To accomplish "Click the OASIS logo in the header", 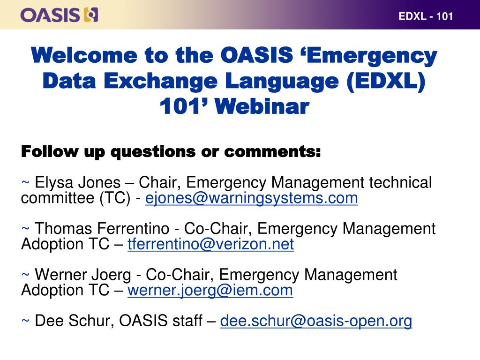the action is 60,15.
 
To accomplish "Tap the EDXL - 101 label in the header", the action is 426,16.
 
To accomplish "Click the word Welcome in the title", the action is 84,55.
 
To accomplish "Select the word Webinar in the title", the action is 262,106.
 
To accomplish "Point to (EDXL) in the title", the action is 386,82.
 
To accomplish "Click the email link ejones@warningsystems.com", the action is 251,198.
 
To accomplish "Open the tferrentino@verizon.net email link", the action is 210,244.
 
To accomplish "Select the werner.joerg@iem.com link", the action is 210,290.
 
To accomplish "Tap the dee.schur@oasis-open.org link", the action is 316,321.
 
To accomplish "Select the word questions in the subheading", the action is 153,152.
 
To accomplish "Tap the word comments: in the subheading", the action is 272,152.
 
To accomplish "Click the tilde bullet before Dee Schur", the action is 25,321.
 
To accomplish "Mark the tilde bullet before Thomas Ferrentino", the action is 25,228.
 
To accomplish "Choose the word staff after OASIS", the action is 187,321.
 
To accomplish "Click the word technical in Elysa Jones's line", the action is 400,182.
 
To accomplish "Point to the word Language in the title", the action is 282,82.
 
